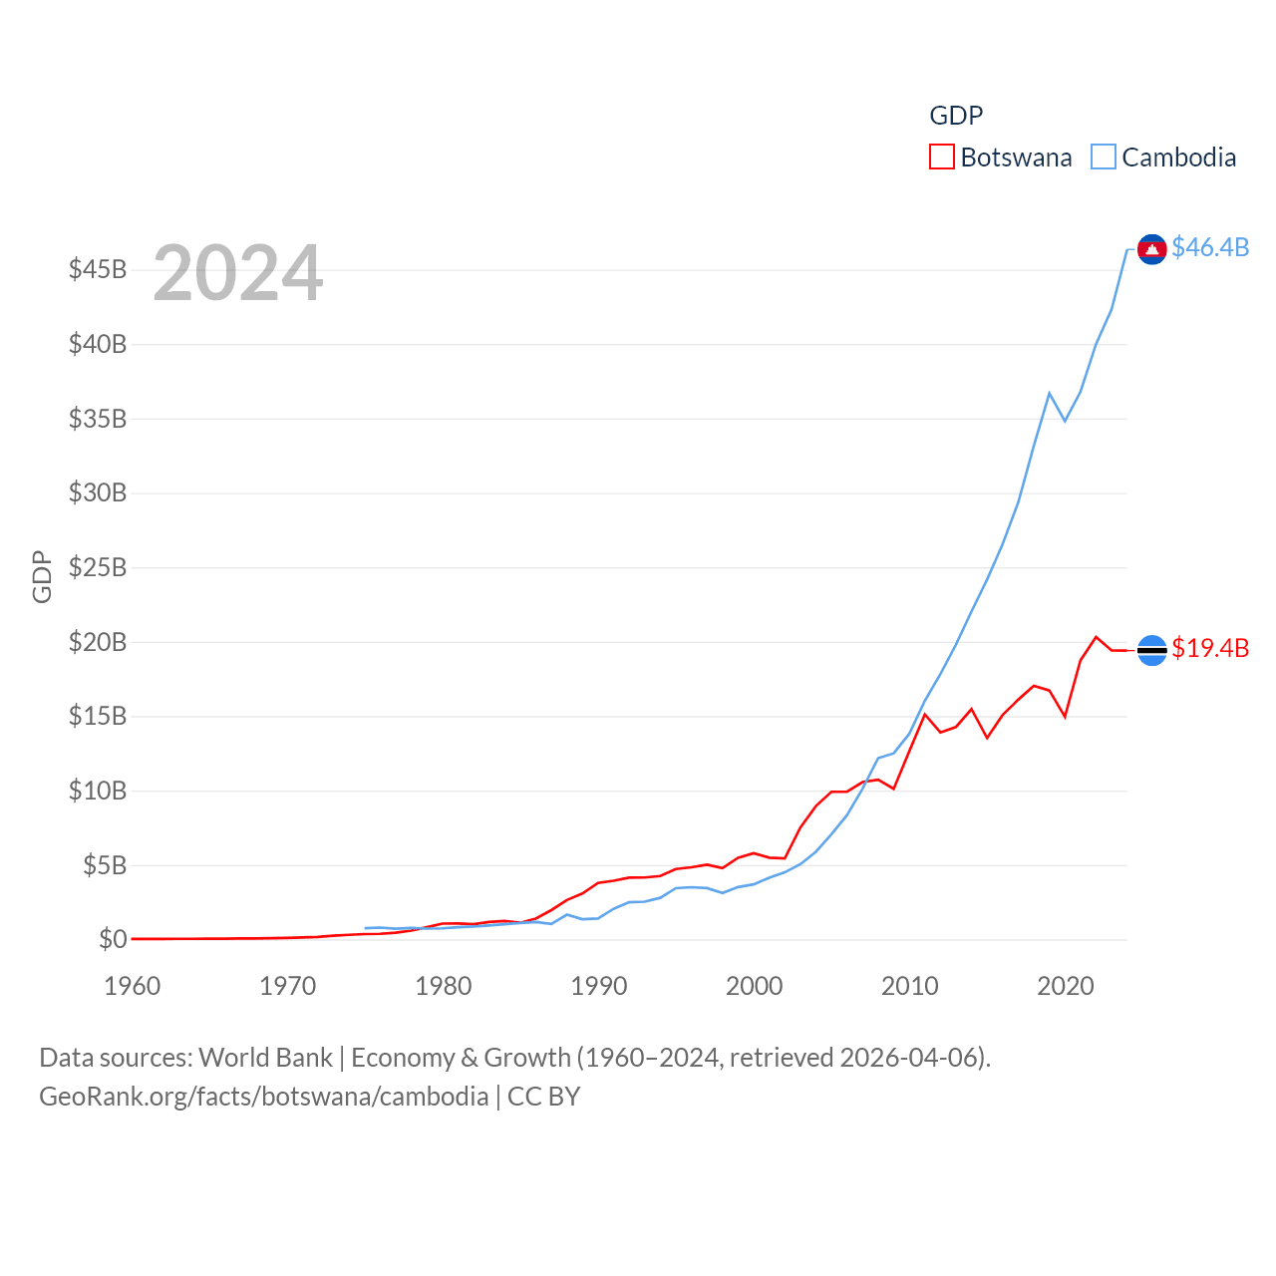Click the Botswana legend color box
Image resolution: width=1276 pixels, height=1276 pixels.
point(942,158)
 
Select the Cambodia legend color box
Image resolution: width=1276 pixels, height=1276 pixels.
point(1104,158)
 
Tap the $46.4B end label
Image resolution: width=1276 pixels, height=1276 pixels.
point(1210,247)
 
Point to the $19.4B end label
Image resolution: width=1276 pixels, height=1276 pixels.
point(1210,648)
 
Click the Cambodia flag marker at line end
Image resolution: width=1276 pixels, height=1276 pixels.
point(1151,249)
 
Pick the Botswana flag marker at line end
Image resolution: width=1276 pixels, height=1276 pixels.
point(1151,650)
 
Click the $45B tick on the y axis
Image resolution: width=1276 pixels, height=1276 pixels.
point(98,270)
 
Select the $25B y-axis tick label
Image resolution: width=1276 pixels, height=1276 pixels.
point(98,568)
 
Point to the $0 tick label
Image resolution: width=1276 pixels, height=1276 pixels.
point(113,939)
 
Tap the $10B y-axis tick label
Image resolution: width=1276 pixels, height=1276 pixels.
point(98,792)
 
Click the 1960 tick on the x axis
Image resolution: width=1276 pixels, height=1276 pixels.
point(133,986)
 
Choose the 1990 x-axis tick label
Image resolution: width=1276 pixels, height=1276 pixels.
point(599,986)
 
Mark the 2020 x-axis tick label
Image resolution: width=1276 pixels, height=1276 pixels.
point(1066,986)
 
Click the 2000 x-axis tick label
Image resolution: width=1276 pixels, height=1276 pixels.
point(755,986)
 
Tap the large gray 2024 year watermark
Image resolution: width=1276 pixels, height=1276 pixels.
point(238,273)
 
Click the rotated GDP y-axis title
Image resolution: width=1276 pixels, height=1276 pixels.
point(42,576)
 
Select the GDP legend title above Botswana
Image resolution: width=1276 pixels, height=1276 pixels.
point(956,116)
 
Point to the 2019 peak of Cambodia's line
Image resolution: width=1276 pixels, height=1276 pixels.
point(1050,393)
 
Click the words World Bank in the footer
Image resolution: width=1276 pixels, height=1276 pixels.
point(265,1058)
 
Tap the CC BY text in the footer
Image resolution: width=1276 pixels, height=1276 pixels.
point(544,1097)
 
